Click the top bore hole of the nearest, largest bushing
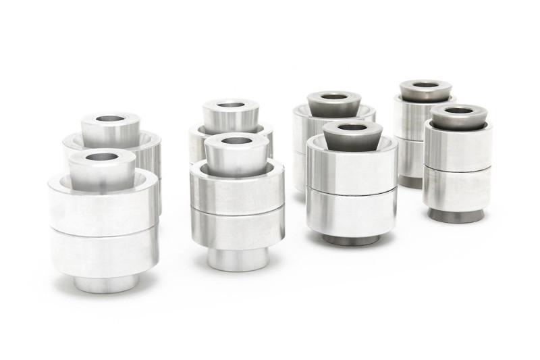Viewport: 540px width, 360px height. pyautogui.click(x=102, y=157)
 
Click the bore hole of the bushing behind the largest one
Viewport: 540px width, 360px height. pyautogui.click(x=110, y=119)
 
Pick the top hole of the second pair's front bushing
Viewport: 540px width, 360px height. pyautogui.click(x=237, y=141)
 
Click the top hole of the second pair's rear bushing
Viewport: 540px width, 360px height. pyautogui.click(x=231, y=105)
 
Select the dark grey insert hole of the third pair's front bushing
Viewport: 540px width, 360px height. pyautogui.click(x=352, y=127)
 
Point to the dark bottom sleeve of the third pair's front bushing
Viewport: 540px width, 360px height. pyautogui.click(x=350, y=239)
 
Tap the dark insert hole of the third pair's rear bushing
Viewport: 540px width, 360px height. pyautogui.click(x=333, y=97)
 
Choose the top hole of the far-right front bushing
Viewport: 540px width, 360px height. pyautogui.click(x=459, y=110)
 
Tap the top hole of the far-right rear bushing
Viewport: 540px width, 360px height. pyautogui.click(x=425, y=85)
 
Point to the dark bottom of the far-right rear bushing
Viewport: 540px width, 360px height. pyautogui.click(x=410, y=182)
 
